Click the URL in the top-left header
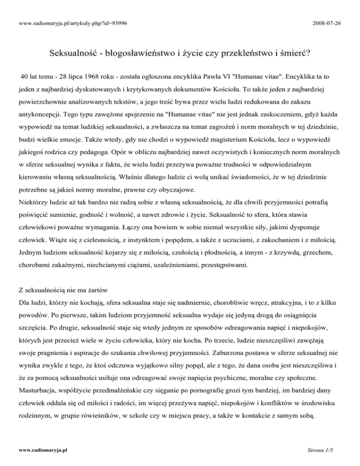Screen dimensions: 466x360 tap(72, 9)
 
